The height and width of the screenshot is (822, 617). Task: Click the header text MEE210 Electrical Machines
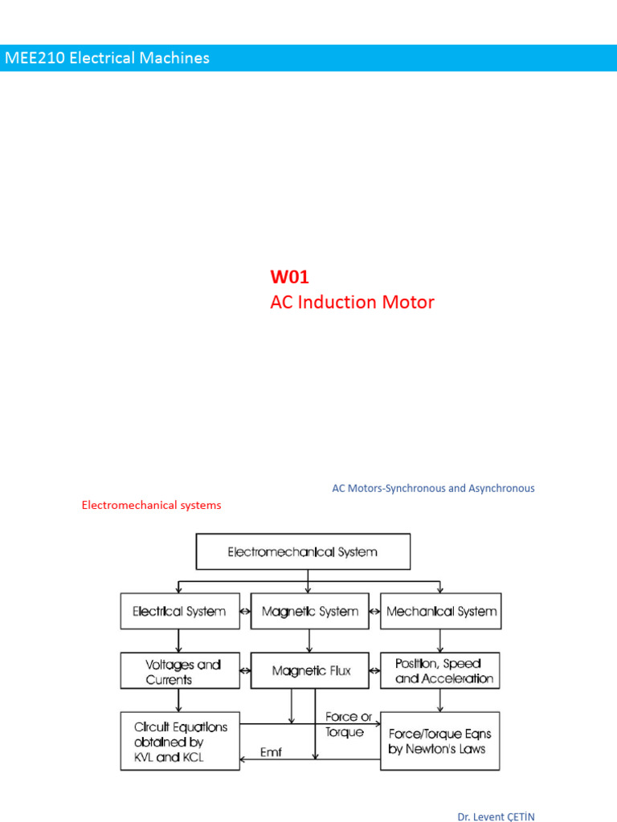tap(107, 58)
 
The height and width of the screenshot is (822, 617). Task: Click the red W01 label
tap(289, 277)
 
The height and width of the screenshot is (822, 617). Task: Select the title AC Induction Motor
tap(352, 303)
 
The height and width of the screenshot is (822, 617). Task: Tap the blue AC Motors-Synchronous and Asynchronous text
tap(433, 488)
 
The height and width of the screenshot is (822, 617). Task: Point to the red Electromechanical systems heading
tap(151, 505)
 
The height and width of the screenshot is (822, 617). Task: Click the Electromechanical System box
tap(303, 552)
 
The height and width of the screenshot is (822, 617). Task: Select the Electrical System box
tap(179, 612)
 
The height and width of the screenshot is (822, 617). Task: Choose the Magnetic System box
tap(309, 612)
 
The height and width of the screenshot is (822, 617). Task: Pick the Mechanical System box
tap(441, 612)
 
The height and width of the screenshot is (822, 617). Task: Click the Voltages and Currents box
tap(179, 671)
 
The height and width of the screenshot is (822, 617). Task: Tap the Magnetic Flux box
tap(311, 671)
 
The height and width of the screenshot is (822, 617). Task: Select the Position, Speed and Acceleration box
tap(441, 671)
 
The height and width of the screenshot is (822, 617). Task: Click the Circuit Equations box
tap(180, 741)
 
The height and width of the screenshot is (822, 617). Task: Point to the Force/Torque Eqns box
tap(439, 741)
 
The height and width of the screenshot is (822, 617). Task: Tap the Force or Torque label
tap(348, 723)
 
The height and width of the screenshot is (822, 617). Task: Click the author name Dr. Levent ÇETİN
tap(496, 816)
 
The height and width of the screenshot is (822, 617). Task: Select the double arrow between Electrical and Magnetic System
tap(245, 612)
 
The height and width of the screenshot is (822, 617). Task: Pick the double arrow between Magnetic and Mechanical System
tap(374, 612)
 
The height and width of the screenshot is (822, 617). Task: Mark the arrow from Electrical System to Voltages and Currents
tap(179, 641)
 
